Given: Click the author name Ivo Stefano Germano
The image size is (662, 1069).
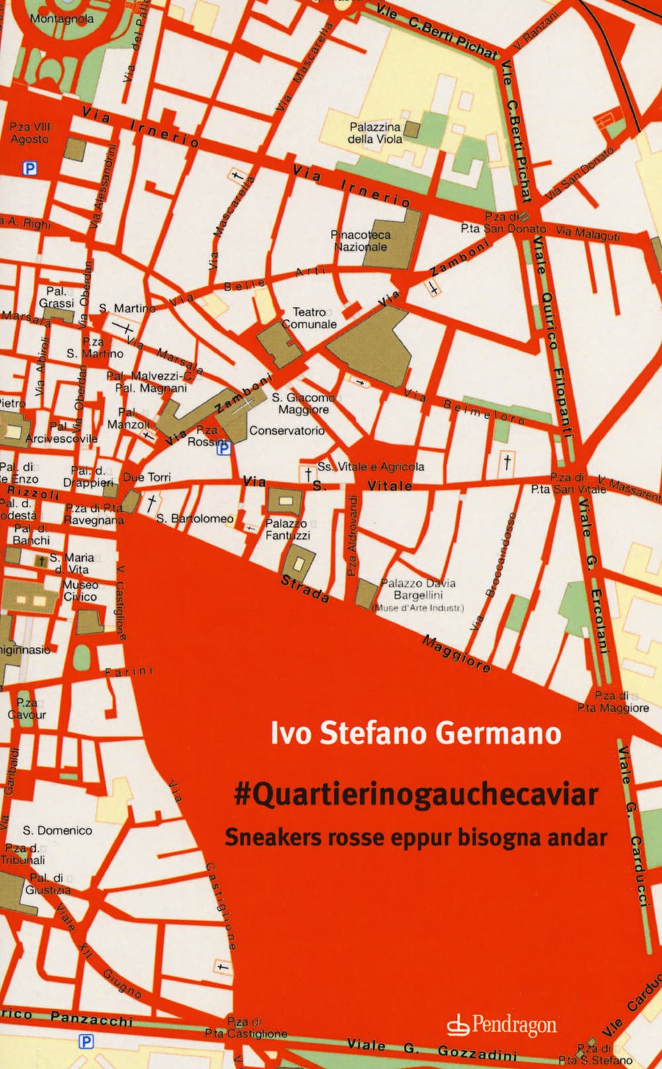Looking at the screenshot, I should click(x=416, y=734).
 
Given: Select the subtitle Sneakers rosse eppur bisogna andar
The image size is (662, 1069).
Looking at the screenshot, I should click(x=416, y=837).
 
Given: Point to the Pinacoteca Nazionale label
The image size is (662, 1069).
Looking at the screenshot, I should click(x=361, y=241).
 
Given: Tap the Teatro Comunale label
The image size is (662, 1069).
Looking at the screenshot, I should click(x=310, y=318).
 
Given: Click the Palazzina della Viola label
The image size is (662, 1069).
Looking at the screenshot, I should click(x=375, y=132).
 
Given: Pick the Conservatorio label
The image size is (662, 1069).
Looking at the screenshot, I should click(x=287, y=431).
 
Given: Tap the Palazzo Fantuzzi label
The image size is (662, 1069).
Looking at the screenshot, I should click(x=287, y=529).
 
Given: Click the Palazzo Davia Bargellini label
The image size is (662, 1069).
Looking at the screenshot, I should click(x=418, y=589).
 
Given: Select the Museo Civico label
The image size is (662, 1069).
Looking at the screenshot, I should click(x=80, y=591).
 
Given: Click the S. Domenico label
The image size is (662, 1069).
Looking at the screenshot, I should click(x=58, y=830).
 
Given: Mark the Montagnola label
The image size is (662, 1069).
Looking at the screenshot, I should click(x=62, y=19).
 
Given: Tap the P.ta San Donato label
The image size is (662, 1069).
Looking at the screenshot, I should click(x=503, y=222).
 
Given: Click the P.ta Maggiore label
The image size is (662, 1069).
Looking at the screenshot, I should click(x=612, y=702).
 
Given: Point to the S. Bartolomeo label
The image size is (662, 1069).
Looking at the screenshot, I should click(x=195, y=519).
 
